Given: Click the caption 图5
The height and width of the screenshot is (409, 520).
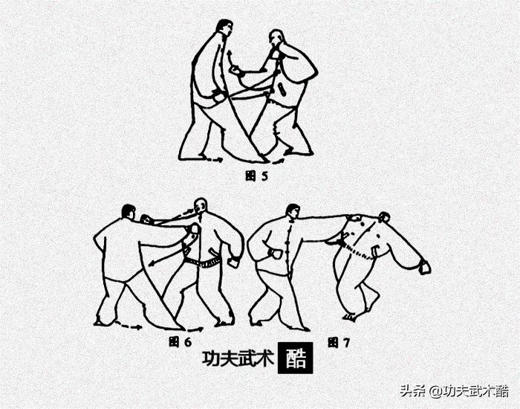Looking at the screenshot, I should click(256, 176).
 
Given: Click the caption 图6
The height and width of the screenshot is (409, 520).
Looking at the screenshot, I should click(180, 342).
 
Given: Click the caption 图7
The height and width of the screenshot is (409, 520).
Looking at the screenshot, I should click(339, 343).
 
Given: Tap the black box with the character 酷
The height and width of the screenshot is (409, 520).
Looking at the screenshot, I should click(295, 358).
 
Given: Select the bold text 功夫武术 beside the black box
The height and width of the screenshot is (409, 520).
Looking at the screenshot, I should click(236, 358).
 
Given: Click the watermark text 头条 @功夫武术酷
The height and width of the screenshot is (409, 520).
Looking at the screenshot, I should click(454, 390).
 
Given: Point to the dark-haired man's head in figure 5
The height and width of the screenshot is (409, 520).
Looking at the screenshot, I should click(224, 30).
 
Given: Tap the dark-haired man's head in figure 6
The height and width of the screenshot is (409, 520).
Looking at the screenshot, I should click(129, 212).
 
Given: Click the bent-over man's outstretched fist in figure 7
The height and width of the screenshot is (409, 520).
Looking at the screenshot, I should click(425, 267).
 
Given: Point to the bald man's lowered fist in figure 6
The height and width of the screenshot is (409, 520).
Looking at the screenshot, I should click(234, 262).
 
